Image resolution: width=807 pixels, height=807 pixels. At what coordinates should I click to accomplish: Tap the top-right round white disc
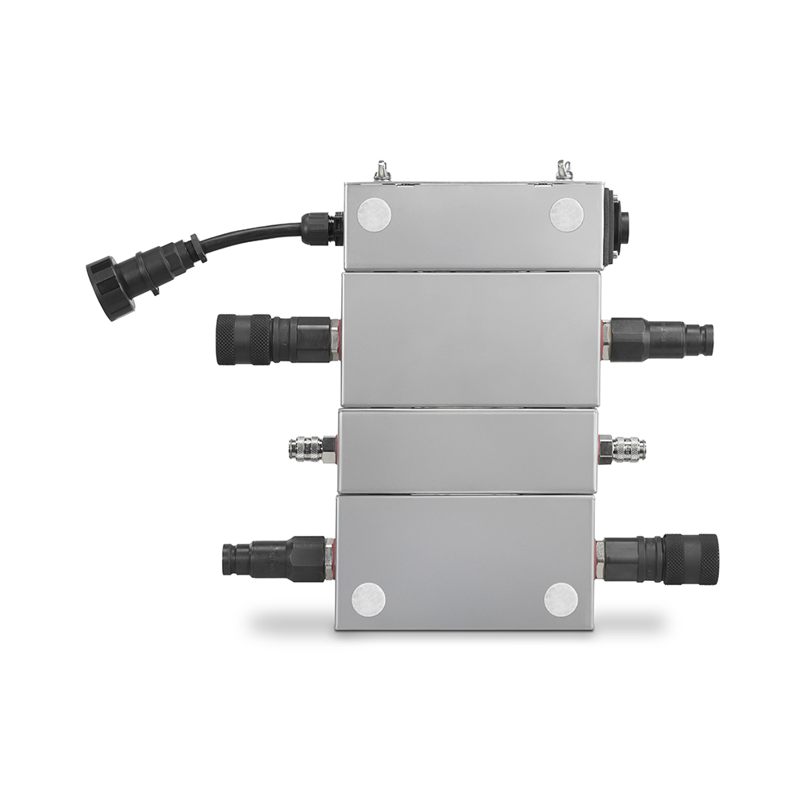click(567, 215)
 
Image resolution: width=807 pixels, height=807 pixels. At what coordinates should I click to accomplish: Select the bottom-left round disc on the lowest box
click(368, 599)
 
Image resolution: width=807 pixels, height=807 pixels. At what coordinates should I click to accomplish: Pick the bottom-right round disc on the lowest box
click(560, 600)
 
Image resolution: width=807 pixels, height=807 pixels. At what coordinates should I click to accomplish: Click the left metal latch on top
click(382, 171)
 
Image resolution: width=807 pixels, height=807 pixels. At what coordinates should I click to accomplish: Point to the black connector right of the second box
click(662, 339)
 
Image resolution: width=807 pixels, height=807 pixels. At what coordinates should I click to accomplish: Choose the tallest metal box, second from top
click(470, 339)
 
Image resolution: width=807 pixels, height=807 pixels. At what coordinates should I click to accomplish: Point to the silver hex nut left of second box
click(334, 339)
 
